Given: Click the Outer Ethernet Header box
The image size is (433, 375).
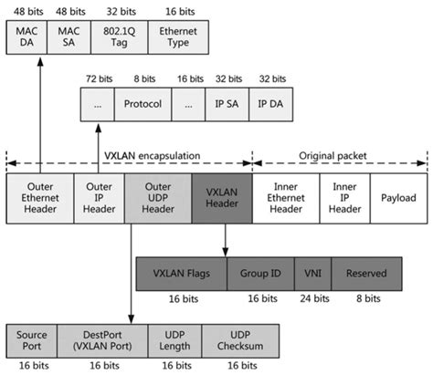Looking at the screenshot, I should coord(39,198).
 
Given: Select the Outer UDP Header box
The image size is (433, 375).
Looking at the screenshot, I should coord(157,198).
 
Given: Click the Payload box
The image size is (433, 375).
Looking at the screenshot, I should coord(397,198).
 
